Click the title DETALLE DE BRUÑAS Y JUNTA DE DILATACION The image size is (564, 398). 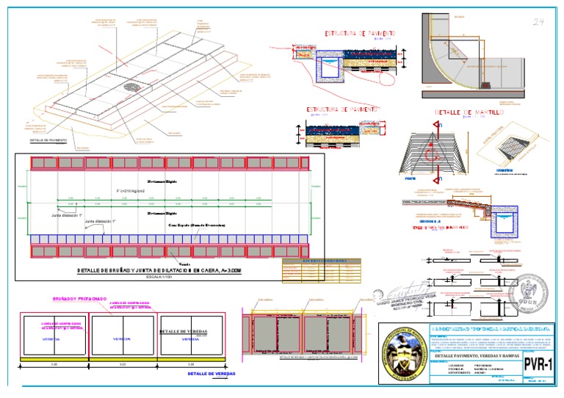click(170, 270)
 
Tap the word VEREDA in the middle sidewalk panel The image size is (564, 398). click(121, 339)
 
